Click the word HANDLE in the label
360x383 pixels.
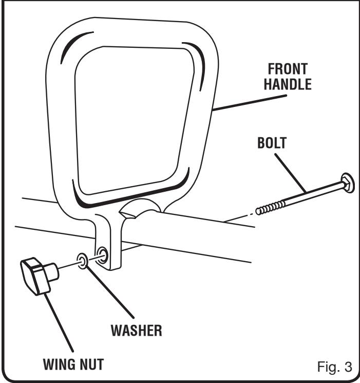(287, 84)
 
